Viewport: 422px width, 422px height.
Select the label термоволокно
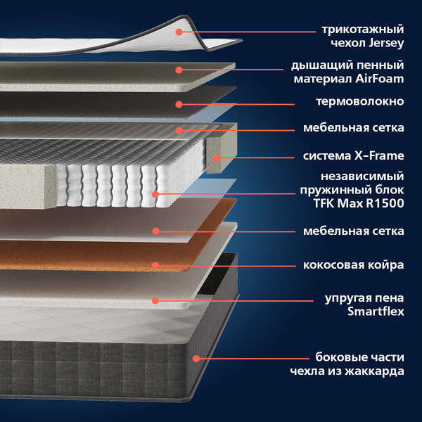pos(359,101)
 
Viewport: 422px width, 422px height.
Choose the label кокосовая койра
pos(353,265)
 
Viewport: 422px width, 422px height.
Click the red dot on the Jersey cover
pos(179,31)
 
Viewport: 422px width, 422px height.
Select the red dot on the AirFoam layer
pos(179,70)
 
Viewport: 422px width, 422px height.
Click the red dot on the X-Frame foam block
pos(216,157)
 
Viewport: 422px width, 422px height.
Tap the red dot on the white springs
pos(155,194)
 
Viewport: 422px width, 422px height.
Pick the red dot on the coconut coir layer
pos(155,265)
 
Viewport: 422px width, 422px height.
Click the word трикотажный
pos(363,30)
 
